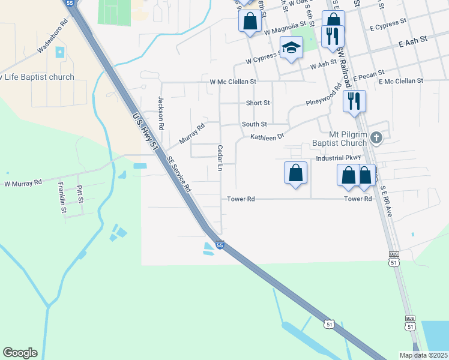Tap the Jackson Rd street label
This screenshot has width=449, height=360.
161,114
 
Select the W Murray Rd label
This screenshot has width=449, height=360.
23,182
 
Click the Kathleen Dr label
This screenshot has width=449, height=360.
267,137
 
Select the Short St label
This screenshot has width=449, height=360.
258,103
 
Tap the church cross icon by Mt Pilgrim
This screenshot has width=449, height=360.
376,138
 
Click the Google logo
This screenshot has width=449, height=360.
20,353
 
